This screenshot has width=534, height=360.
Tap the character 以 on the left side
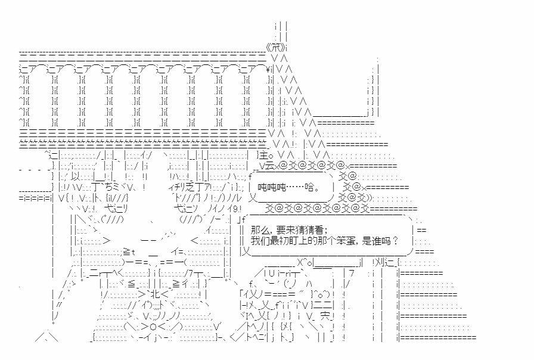pyautogui.click(x=74, y=177)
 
